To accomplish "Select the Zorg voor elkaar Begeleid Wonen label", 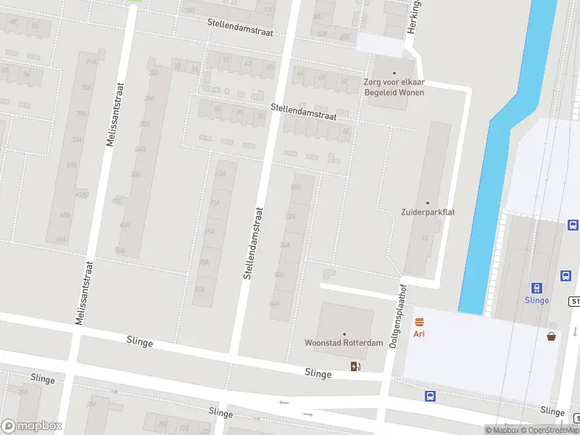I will pos(394,87).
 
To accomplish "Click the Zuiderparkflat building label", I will pos(428,212).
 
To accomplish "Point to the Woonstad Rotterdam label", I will pos(344,343).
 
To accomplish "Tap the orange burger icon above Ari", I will pos(418,322).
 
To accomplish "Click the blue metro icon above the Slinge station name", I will pos(537,288).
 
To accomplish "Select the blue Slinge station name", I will pos(537,300).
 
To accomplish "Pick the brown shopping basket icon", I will pos(552,335).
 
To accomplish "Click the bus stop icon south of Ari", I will pos(430,396).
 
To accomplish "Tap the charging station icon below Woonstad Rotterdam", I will pos(355,365).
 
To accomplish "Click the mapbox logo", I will pos(32,426).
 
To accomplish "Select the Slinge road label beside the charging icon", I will pos(319,374).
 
